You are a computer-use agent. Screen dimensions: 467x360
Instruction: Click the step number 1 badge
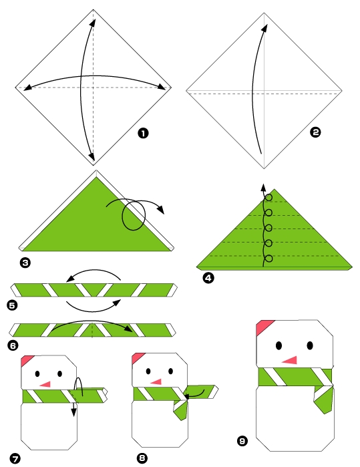pyautogui.click(x=142, y=134)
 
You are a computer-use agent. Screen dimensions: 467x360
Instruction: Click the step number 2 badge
pyautogui.click(x=316, y=133)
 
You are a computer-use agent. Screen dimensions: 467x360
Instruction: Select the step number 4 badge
pyautogui.click(x=208, y=279)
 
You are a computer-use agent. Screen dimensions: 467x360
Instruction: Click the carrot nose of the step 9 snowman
pyautogui.click(x=289, y=360)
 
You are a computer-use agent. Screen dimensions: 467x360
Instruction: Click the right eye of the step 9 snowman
pyautogui.click(x=311, y=345)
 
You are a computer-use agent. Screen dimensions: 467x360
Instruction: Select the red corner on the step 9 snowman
pyautogui.click(x=263, y=326)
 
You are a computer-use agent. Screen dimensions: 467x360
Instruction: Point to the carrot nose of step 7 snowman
pyautogui.click(x=45, y=385)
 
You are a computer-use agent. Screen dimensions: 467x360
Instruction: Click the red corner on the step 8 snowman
pyautogui.click(x=139, y=358)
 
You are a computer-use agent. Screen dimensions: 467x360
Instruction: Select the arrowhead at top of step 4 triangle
pyautogui.click(x=263, y=187)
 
